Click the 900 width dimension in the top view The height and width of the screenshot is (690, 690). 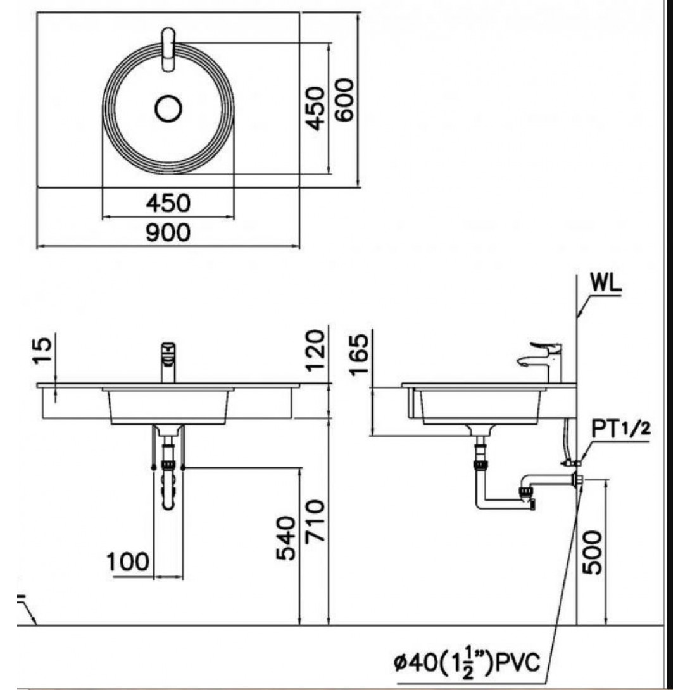pos(168,232)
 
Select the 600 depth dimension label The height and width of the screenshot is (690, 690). pos(343,99)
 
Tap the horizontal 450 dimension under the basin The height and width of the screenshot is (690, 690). pos(168,203)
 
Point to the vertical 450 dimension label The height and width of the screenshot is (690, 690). pos(315,109)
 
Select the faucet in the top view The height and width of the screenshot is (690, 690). pos(168,49)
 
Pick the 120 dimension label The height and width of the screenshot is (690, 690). pos(316,351)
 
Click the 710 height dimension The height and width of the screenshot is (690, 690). pos(315,520)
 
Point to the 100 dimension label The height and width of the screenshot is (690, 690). pos(128,561)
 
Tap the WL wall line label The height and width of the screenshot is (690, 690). pos(605,284)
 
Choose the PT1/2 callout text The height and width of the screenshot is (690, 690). pos(620,428)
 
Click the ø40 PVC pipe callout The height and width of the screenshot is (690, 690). pos(467,662)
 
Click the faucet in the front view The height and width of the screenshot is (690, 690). pos(168,362)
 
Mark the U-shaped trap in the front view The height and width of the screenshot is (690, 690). pos(168,484)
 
